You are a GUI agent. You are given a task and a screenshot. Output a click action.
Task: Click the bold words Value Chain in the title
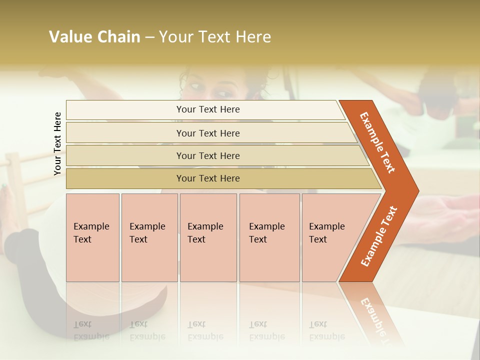94,37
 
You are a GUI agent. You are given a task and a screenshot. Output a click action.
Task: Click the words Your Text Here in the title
215,37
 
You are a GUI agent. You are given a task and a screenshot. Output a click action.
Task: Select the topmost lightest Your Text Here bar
207,109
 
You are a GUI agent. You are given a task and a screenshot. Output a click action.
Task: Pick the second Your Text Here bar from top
207,133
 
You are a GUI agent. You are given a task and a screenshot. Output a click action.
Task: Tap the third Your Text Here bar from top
207,155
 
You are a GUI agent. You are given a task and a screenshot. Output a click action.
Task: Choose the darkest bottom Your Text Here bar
207,178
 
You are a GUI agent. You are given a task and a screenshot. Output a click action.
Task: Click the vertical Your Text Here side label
57,143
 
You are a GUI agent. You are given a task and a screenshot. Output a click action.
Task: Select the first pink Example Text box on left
92,237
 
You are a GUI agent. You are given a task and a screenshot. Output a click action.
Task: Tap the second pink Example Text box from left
149,237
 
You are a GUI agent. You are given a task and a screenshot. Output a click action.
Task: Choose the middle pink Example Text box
208,237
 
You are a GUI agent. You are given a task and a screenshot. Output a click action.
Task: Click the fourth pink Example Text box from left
269,237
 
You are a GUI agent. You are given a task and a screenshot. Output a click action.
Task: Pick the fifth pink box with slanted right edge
330,237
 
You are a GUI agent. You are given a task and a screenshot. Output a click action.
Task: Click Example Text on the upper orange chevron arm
377,142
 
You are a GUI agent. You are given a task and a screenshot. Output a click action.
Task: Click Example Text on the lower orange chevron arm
378,236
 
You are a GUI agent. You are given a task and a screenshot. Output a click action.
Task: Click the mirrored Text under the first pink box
82,324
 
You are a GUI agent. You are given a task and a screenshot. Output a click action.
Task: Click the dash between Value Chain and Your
149,37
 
